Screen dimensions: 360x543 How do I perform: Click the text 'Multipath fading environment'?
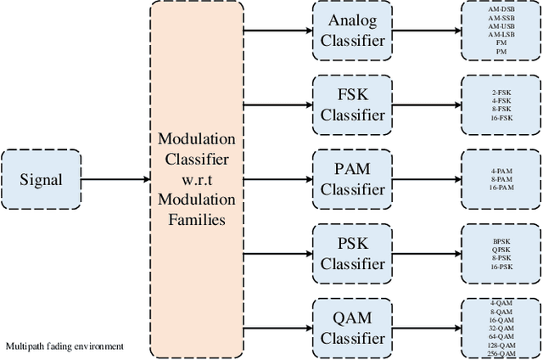[65, 346]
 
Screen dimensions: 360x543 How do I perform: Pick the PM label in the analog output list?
[500, 52]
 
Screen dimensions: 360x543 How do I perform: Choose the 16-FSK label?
[500, 117]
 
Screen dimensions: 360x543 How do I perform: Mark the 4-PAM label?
[500, 170]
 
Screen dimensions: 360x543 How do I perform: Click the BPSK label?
[500, 240]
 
